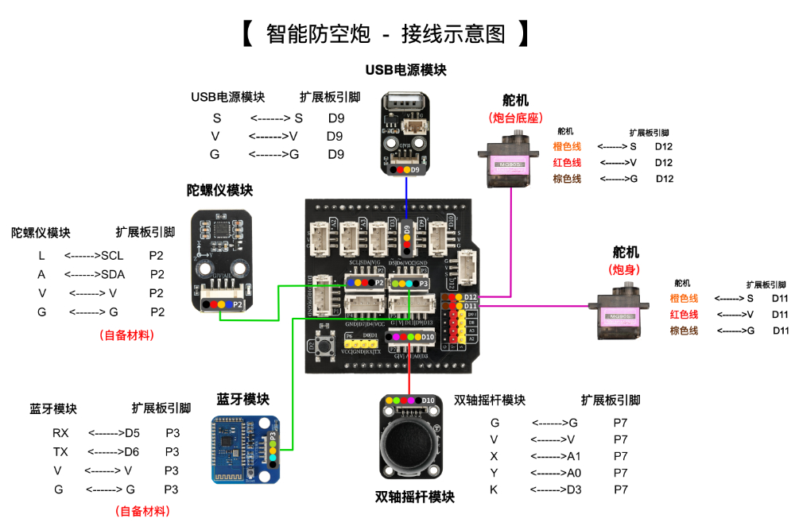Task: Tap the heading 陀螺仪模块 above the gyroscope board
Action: click(x=220, y=190)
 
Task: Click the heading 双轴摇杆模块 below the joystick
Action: click(x=414, y=497)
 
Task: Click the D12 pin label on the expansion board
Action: click(x=470, y=297)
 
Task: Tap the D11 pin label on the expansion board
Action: click(x=470, y=306)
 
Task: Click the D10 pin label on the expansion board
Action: click(x=428, y=337)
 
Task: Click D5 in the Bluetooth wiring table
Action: click(x=131, y=433)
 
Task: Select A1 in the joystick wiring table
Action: click(x=574, y=456)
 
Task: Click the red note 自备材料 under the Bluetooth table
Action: click(x=142, y=511)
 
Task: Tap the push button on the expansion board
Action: click(x=324, y=346)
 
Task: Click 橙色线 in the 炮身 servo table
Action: click(x=684, y=299)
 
